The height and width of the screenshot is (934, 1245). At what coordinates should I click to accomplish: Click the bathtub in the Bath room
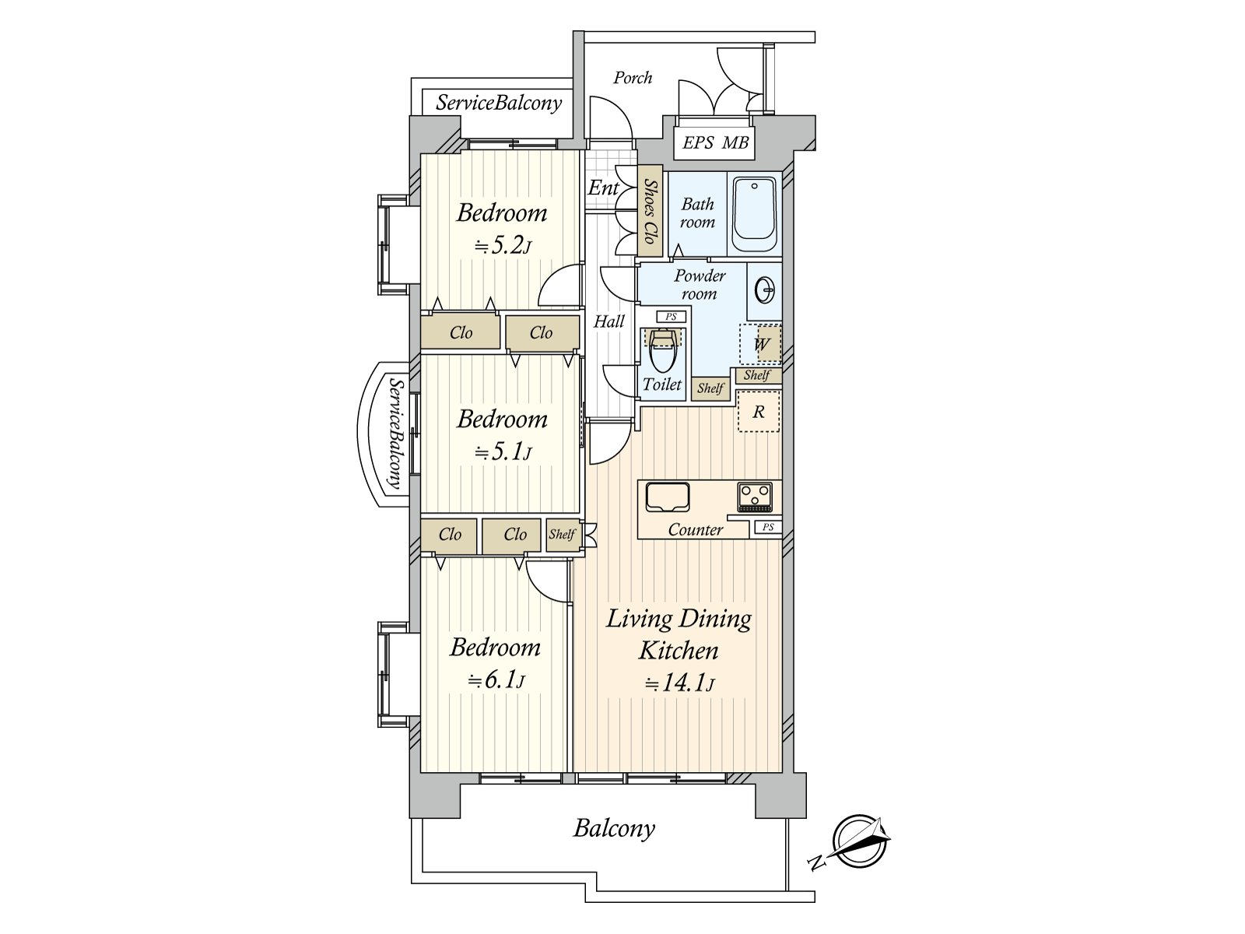(x=754, y=214)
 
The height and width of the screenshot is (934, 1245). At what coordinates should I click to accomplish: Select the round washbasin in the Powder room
(x=765, y=291)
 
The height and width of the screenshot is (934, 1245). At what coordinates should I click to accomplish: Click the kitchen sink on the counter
(x=668, y=497)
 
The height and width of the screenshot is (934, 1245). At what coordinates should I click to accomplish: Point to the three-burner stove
(x=755, y=497)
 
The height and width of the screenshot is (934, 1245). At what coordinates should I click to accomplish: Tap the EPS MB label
(x=714, y=142)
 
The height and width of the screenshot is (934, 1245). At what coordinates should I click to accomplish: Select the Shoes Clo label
(x=650, y=212)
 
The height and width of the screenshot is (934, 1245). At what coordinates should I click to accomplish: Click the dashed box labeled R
(x=759, y=411)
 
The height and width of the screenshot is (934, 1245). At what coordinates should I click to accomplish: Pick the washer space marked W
(x=760, y=344)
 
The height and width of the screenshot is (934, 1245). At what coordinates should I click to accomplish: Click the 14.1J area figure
(x=679, y=684)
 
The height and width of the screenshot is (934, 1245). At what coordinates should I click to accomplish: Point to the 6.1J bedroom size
(x=496, y=680)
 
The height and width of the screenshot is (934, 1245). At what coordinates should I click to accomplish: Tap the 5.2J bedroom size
(x=503, y=246)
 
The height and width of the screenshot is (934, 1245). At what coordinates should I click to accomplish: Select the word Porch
(x=633, y=78)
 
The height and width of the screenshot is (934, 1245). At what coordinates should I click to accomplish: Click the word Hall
(x=609, y=321)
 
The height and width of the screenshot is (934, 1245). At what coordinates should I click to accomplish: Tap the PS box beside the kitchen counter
(x=767, y=528)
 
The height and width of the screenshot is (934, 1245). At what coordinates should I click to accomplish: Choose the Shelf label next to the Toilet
(x=710, y=388)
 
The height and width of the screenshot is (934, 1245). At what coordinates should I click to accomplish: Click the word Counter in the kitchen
(x=696, y=530)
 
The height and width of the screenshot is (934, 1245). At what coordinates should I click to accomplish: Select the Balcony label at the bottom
(x=614, y=828)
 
